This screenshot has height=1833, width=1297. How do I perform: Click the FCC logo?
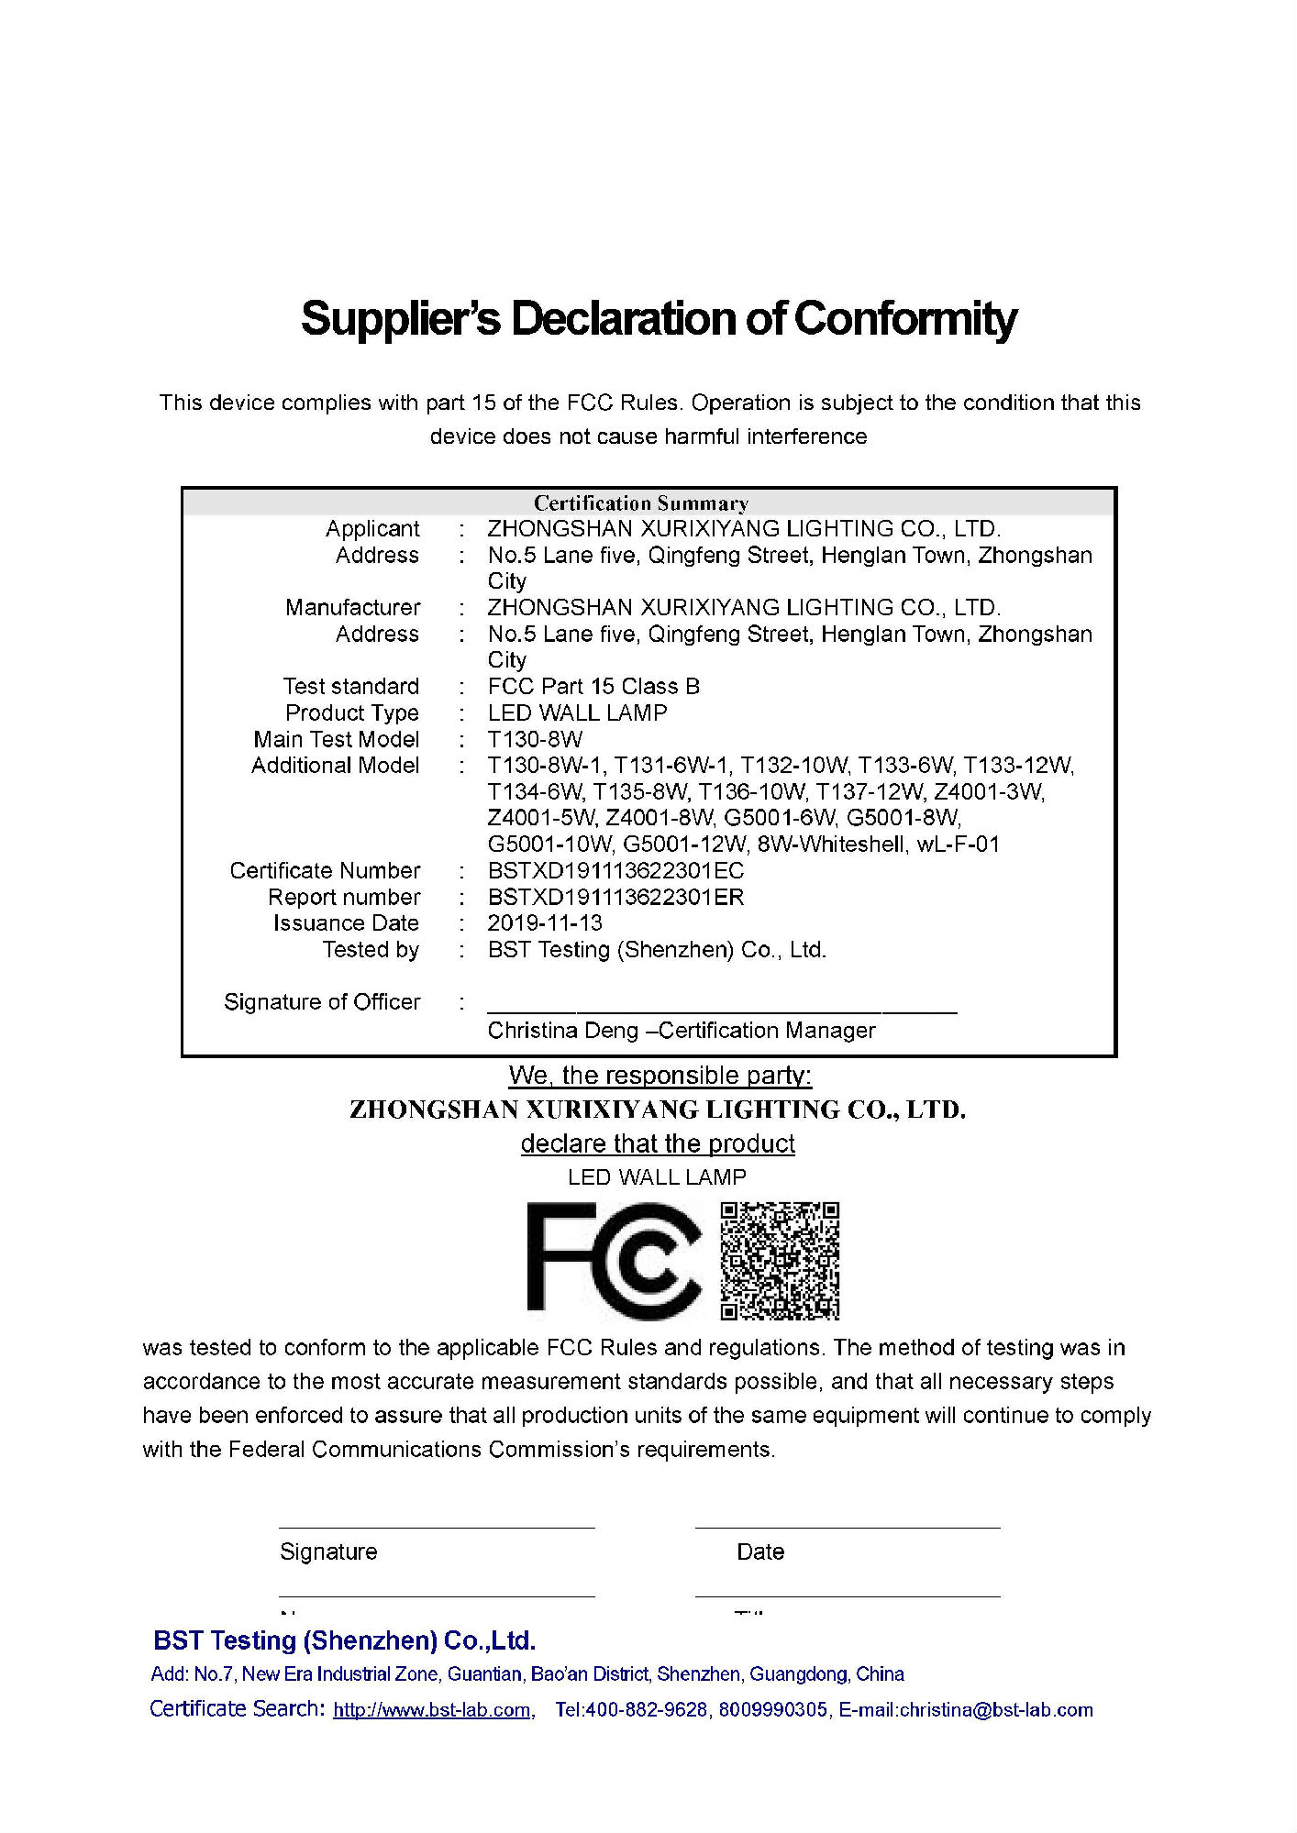(613, 1261)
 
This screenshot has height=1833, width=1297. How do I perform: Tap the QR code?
(780, 1261)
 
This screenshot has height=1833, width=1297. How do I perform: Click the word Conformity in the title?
(904, 318)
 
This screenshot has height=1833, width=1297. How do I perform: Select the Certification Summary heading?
(641, 503)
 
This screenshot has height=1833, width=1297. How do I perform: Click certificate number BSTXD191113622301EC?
(615, 870)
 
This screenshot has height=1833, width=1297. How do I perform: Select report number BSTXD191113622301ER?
(615, 897)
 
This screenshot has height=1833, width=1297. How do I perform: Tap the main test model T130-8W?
(535, 739)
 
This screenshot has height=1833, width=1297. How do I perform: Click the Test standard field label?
(350, 687)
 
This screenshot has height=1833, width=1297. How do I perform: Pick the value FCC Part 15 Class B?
(593, 687)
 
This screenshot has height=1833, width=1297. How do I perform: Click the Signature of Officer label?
(322, 1002)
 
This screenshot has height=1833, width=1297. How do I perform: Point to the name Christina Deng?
(562, 1031)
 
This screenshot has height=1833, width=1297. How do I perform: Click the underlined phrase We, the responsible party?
(660, 1076)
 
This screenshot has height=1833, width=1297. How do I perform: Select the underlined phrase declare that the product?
(658, 1143)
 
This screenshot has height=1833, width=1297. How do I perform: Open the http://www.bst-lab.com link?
(432, 1710)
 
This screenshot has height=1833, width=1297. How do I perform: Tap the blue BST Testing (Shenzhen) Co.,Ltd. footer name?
(344, 1640)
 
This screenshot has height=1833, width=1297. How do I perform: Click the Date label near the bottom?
(760, 1551)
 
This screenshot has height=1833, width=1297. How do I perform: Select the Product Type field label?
(351, 712)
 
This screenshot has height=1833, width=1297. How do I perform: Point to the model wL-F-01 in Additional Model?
(958, 845)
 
